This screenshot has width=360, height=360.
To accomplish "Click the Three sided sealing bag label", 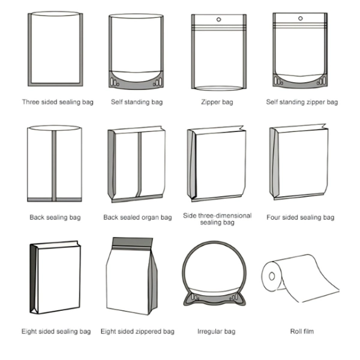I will point(55,102).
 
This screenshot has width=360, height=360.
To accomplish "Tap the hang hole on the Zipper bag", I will point(218,20).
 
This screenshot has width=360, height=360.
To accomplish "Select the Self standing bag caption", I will point(136,102).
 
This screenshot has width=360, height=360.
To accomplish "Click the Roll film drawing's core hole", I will point(271,277).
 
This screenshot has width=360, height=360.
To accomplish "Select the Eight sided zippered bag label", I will point(137,331).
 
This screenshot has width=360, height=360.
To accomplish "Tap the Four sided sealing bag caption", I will point(300,217).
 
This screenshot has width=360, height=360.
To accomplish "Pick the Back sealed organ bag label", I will point(137,217).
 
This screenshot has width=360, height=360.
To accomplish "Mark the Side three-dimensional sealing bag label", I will point(217,219).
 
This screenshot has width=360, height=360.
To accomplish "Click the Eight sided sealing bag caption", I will point(56,331).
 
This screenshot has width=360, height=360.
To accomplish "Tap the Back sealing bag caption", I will point(55,217).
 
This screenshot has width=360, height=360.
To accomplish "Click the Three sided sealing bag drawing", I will point(55,48).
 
